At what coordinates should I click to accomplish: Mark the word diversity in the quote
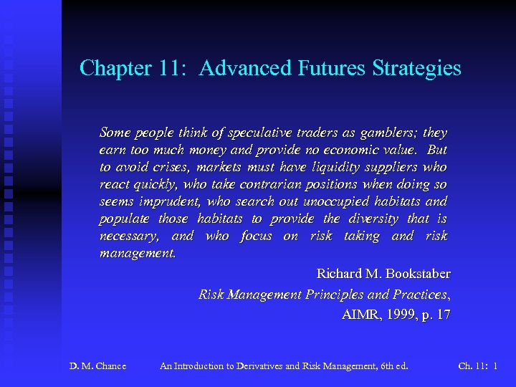pos(374,219)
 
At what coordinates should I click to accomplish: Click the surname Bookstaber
pos(418,274)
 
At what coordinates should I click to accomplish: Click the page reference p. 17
pos(437,315)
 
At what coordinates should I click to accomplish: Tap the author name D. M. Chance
pos(97,366)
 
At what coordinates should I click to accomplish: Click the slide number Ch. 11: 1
pos(478,366)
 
